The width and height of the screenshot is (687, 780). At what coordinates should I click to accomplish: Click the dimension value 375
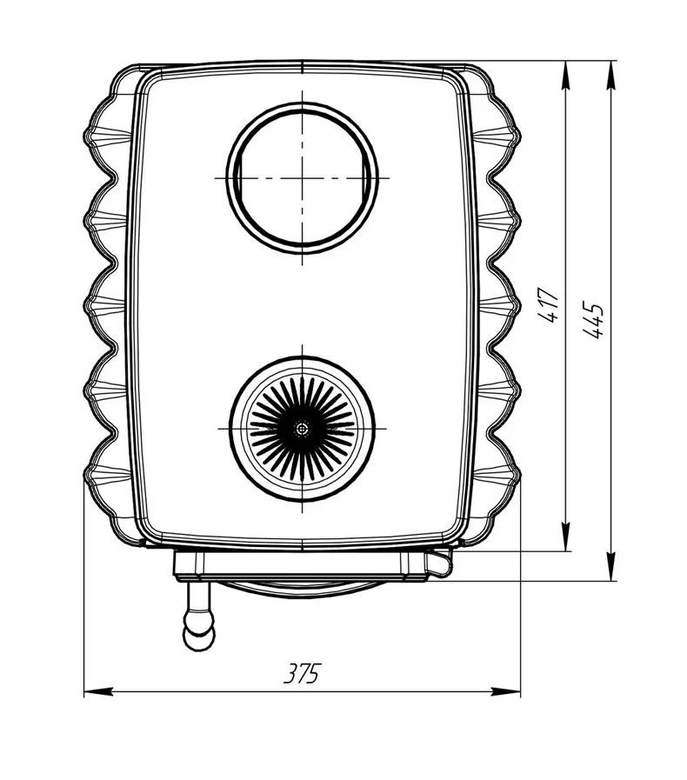point(303,674)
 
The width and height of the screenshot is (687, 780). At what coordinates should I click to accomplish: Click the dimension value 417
point(550,305)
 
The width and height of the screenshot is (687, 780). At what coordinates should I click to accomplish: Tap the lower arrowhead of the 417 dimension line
point(565,537)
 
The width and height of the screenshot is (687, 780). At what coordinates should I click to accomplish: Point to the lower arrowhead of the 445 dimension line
point(610,566)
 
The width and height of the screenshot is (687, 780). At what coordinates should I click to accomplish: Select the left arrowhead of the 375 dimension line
point(98,691)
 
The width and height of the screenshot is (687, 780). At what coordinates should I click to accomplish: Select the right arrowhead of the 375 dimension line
point(506,691)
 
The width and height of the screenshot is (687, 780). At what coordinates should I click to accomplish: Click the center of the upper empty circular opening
point(303,178)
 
